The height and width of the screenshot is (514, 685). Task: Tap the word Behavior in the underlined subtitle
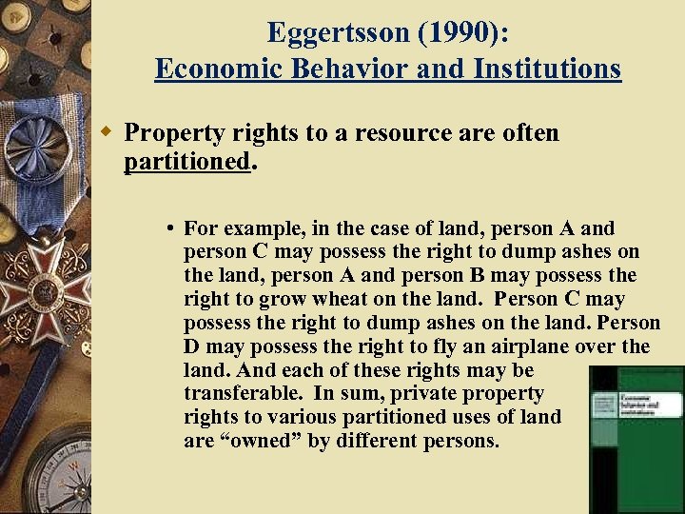pyautogui.click(x=349, y=69)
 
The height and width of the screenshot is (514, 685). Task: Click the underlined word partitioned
pyautogui.click(x=186, y=161)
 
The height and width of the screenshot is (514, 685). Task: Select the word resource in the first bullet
pyautogui.click(x=400, y=132)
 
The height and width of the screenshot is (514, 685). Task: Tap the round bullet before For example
pyautogui.click(x=168, y=228)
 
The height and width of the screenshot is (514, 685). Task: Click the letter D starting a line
pyautogui.click(x=193, y=346)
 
